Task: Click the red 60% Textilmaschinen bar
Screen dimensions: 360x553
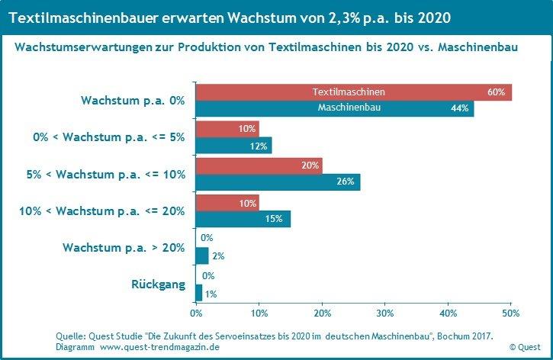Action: click(x=353, y=92)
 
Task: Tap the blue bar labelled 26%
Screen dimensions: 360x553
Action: click(x=278, y=182)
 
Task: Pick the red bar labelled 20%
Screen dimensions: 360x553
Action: click(x=259, y=165)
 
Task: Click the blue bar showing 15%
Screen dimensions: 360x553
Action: click(x=243, y=219)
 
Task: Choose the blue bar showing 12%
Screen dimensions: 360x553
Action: click(x=233, y=146)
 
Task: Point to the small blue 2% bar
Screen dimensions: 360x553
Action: click(x=202, y=256)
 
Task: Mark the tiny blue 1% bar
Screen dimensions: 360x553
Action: click(x=199, y=292)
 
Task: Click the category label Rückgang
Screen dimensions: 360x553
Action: click(x=159, y=284)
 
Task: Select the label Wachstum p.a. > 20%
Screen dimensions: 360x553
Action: click(x=124, y=247)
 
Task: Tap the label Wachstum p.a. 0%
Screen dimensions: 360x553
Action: click(x=133, y=100)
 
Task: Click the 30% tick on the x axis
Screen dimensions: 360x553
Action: click(x=385, y=312)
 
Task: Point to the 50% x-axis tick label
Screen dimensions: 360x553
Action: click(x=511, y=312)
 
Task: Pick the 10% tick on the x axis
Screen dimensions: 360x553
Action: click(x=259, y=312)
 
